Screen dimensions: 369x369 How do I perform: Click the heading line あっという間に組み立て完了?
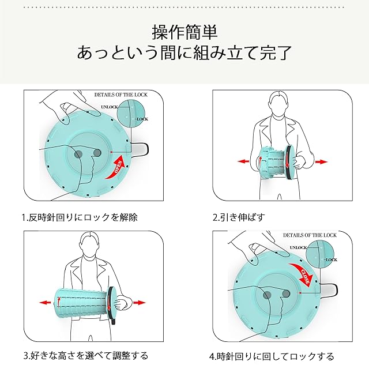click(x=184, y=54)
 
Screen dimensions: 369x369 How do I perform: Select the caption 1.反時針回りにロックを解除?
click(x=80, y=217)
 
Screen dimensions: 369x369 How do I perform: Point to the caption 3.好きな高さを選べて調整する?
click(x=85, y=355)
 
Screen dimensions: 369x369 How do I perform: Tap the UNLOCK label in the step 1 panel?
click(x=109, y=107)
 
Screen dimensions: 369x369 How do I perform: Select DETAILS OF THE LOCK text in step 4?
click(x=310, y=235)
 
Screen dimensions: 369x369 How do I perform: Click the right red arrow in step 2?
click(x=320, y=162)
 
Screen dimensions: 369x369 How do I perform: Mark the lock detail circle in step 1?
click(x=133, y=115)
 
